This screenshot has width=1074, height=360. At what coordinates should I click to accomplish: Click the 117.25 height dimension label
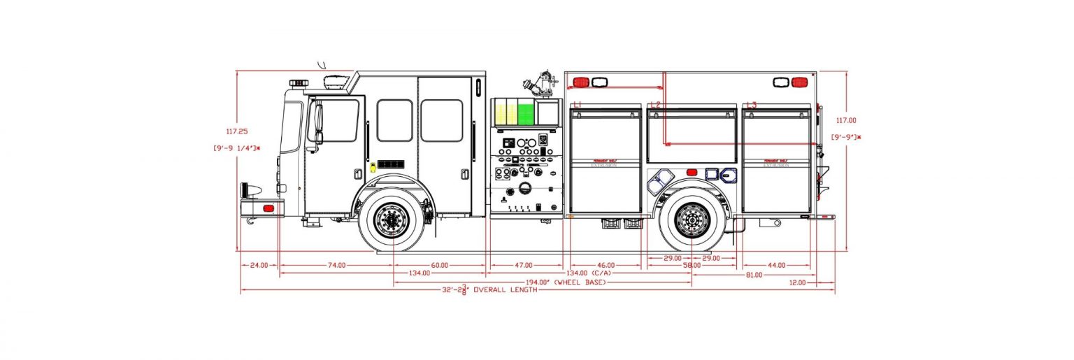pos(237,131)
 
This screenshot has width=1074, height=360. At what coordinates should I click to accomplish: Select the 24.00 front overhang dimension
pos(259,266)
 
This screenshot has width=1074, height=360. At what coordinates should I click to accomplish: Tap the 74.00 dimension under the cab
pos(336,266)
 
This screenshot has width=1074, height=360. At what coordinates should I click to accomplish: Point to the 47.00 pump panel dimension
pos(524,266)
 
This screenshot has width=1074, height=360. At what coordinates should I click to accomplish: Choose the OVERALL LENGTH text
pos(506,290)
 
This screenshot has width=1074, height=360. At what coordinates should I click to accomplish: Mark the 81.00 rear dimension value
pos(754,275)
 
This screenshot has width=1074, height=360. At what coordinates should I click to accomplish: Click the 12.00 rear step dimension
pos(798,282)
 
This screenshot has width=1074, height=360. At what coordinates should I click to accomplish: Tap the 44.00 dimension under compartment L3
pos(777,266)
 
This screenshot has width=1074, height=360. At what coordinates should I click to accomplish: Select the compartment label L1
pos(578,105)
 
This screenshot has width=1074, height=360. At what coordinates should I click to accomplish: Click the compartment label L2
pos(655,105)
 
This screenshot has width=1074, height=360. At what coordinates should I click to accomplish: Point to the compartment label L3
pos(751,105)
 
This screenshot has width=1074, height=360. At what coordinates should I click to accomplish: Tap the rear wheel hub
pos(692,220)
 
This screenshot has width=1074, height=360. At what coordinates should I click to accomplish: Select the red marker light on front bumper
pos(266,208)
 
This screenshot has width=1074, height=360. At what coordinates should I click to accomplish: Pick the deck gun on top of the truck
pos(540,83)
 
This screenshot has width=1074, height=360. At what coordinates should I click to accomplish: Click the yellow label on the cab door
pos(373,166)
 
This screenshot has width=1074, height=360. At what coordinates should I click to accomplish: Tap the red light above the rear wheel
pos(692,172)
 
